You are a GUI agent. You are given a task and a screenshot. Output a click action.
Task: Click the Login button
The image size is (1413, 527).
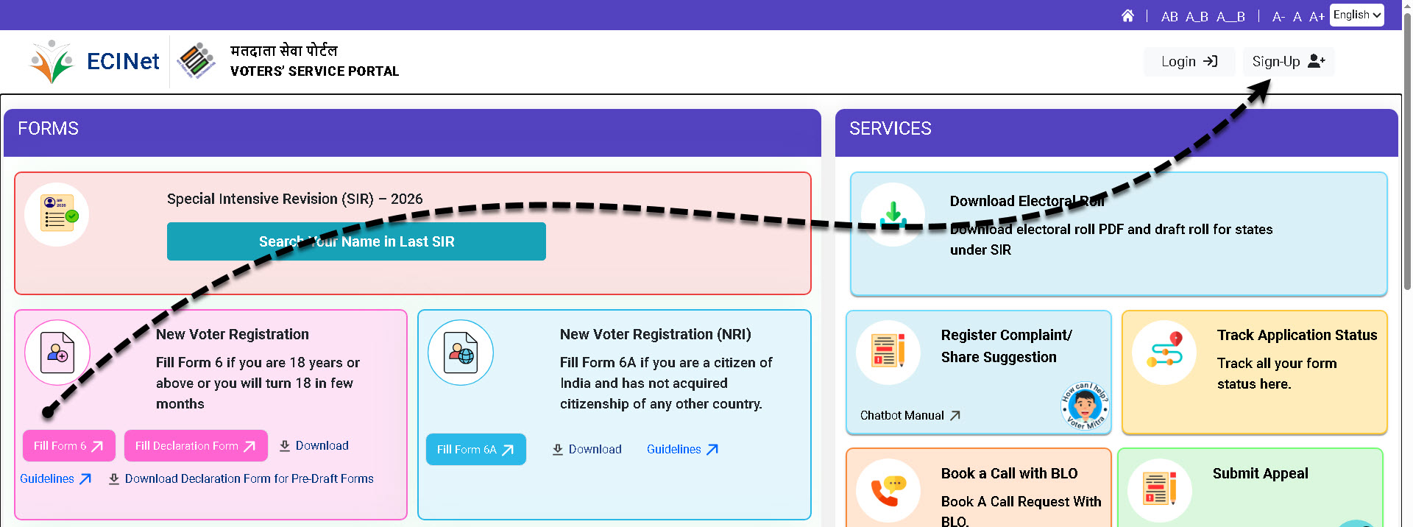[1189, 62]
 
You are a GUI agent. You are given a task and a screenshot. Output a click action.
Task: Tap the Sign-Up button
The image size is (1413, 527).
[1289, 62]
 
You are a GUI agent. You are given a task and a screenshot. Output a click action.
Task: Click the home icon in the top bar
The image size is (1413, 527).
[1127, 15]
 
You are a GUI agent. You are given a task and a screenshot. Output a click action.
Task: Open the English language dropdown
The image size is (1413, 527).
[1357, 15]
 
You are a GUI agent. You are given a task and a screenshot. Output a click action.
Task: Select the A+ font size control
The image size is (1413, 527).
[1317, 16]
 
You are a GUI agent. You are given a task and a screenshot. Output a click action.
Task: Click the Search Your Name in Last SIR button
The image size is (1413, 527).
[356, 241]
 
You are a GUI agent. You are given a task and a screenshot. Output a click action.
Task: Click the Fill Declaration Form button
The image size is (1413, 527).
[196, 446]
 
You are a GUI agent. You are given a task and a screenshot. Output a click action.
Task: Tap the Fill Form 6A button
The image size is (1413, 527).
[476, 450]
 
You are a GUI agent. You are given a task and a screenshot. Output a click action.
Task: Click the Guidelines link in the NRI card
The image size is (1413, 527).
[682, 450]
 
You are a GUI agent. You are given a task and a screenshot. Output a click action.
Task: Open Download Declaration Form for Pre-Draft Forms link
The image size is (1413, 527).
[241, 479]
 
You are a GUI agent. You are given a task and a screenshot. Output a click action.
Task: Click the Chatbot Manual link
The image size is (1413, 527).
[910, 416]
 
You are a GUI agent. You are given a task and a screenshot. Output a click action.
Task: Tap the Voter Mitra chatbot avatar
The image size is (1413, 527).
[1085, 406]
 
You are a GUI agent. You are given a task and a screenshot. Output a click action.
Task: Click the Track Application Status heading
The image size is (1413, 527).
[1297, 336]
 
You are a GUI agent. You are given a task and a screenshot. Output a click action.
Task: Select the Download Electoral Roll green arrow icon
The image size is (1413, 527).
[893, 213]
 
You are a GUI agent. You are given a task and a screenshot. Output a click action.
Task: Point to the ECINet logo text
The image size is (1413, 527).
[123, 61]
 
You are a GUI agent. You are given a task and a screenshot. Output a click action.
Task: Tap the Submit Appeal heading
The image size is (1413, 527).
[1260, 473]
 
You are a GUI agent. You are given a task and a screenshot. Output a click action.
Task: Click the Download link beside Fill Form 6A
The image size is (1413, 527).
[587, 450]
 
